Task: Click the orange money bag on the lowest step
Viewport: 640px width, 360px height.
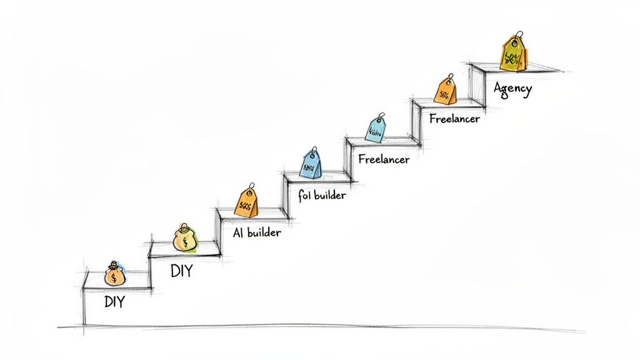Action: (114, 275)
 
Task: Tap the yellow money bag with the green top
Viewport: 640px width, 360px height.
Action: (184, 239)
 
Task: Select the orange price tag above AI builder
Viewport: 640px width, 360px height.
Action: (245, 201)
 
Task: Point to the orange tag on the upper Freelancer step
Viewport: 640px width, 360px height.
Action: (445, 91)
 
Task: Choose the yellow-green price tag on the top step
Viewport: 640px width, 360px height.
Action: (512, 54)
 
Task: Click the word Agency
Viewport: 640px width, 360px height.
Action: (512, 88)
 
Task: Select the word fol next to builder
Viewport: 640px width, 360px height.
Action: (304, 196)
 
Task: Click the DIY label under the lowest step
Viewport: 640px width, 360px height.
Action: (114, 303)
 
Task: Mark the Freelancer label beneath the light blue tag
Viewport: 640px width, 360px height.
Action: (384, 159)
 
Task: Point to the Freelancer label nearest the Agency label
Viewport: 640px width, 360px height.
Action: (454, 117)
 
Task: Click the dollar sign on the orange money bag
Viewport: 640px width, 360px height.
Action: (113, 277)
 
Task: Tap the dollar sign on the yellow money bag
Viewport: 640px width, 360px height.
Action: (185, 241)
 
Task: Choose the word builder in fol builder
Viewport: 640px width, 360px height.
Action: (329, 195)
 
